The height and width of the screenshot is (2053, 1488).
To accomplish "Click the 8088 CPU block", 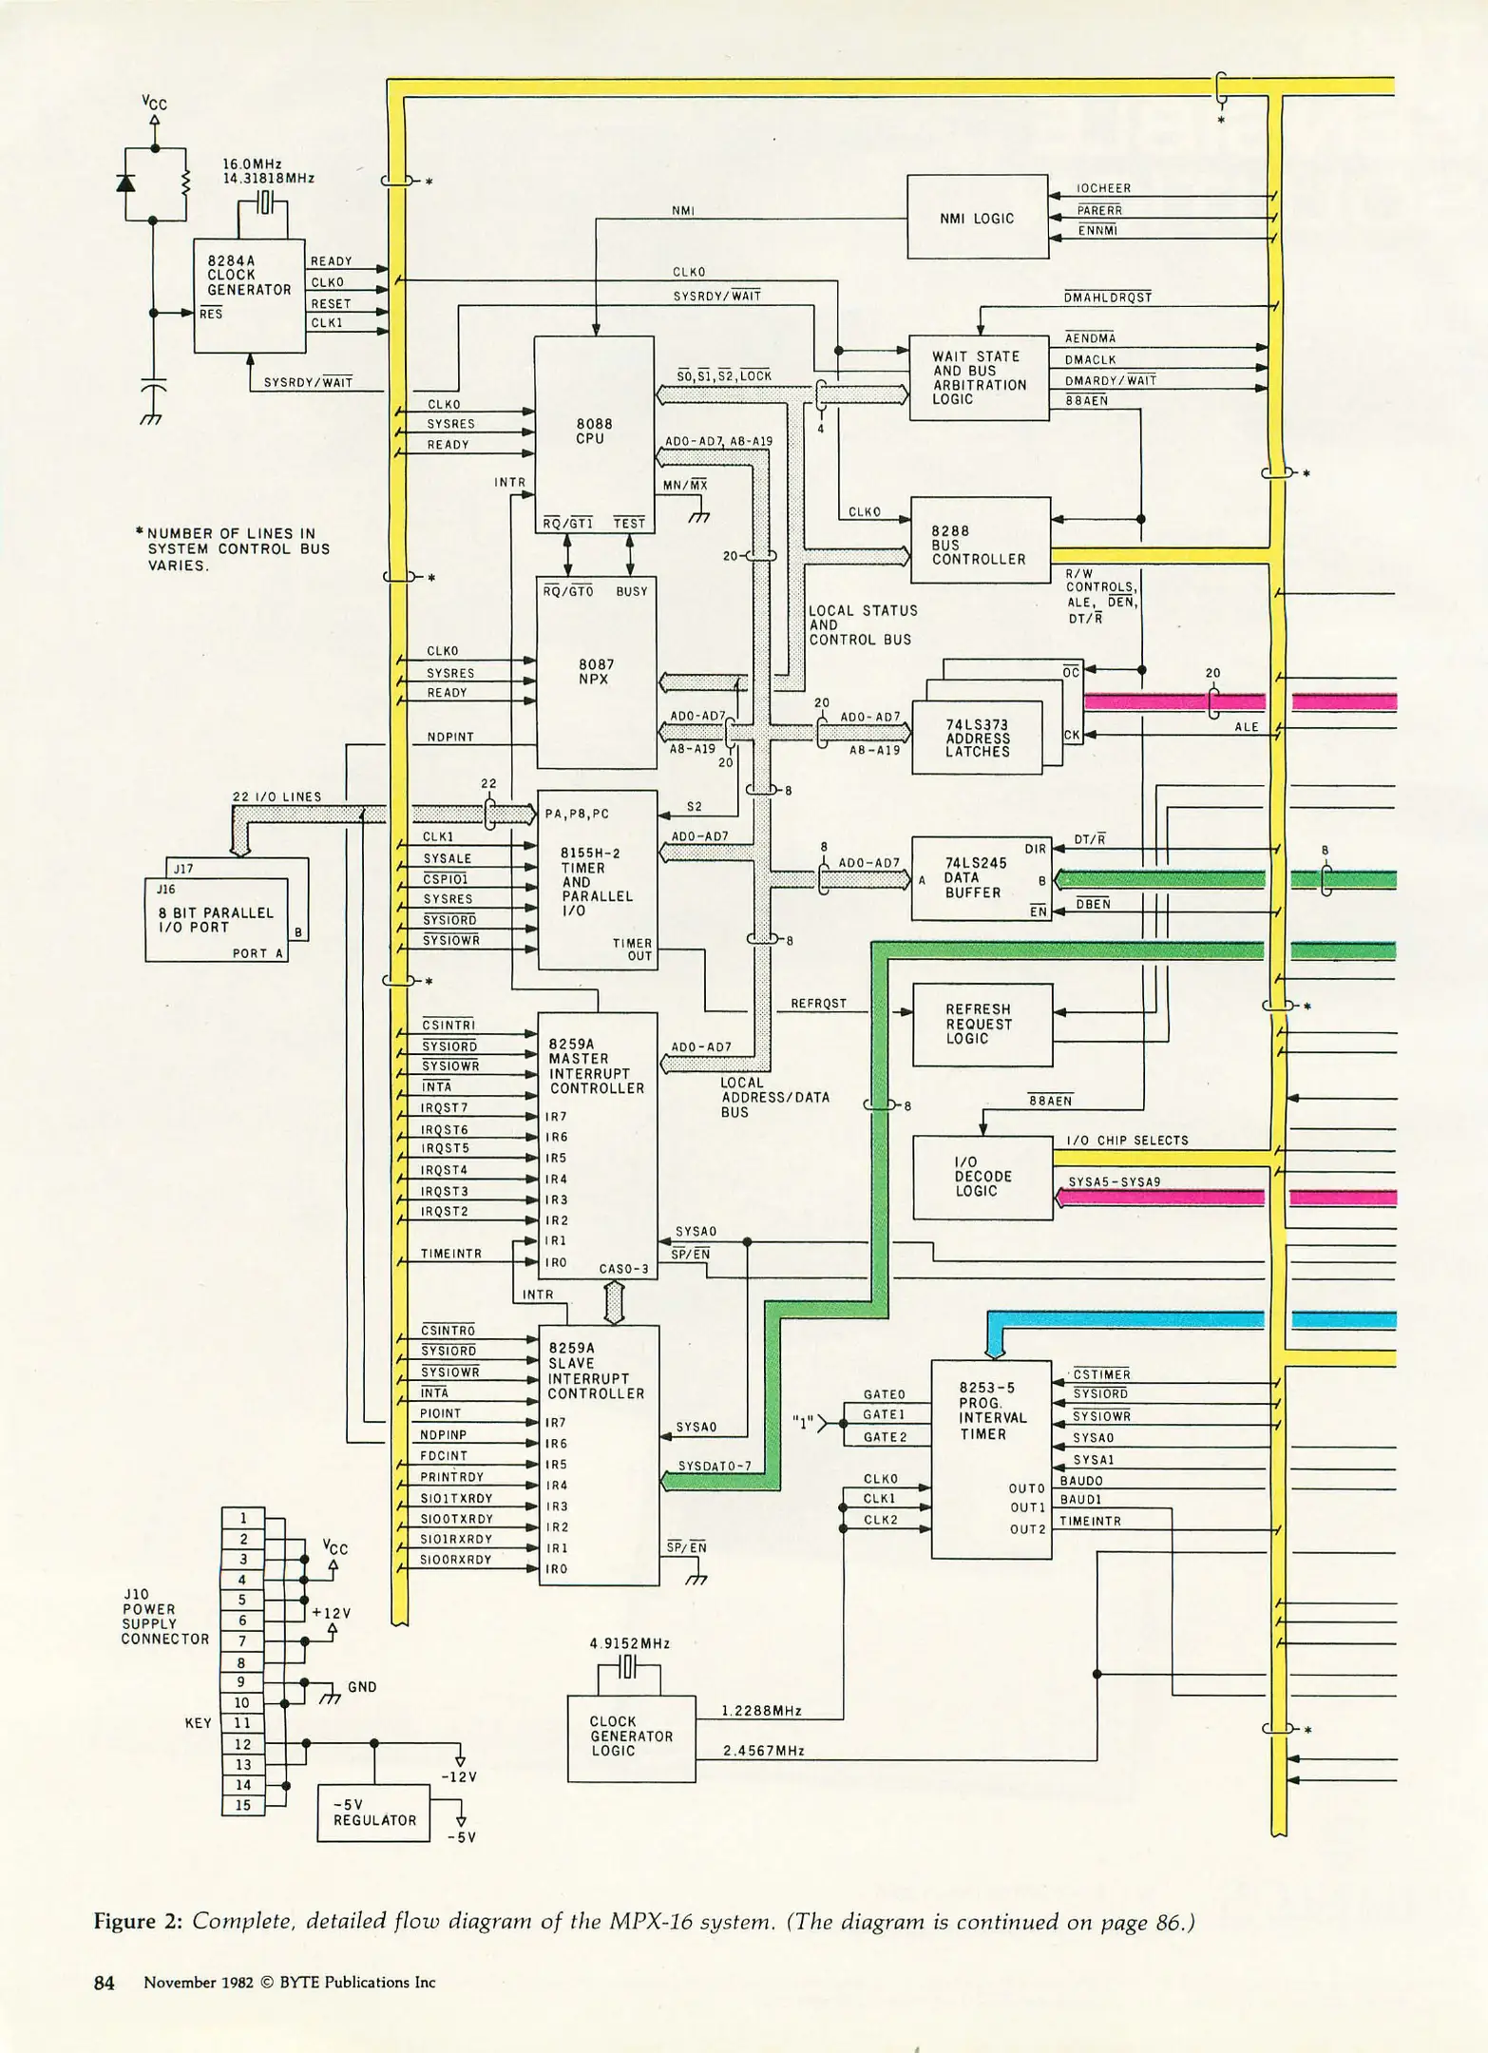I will click(594, 432).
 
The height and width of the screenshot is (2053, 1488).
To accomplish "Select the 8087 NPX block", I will click(596, 672).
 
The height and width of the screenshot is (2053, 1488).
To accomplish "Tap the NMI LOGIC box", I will click(977, 218).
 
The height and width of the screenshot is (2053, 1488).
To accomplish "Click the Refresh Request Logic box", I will click(982, 1024).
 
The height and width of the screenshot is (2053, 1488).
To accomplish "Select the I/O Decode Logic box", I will click(982, 1177).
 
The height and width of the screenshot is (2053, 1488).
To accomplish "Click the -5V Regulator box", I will click(373, 1813).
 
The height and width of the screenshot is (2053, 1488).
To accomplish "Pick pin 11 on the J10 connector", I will click(242, 1723).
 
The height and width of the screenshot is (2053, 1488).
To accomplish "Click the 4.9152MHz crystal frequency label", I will click(630, 1643).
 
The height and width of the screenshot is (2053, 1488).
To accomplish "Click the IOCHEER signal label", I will click(1103, 189).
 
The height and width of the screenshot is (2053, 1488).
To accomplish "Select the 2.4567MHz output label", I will click(763, 1751).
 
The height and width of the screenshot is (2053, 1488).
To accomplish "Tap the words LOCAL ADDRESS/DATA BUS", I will click(774, 1097).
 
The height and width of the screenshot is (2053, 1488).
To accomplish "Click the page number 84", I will click(105, 1983).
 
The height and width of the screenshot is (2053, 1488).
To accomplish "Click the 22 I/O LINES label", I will click(277, 797).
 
